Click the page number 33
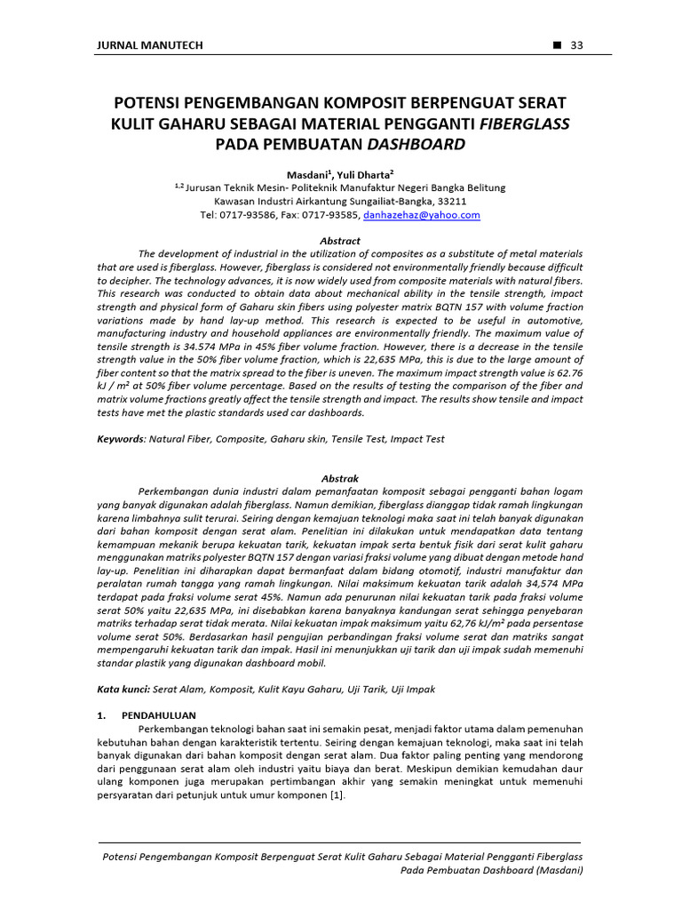click(576, 46)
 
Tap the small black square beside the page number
click(557, 46)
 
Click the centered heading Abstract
click(340, 241)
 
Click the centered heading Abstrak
click(340, 478)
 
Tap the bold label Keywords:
click(121, 439)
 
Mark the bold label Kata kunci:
click(123, 689)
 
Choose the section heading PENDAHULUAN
click(158, 714)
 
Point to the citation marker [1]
click(337, 795)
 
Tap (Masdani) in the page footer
click(558, 871)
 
